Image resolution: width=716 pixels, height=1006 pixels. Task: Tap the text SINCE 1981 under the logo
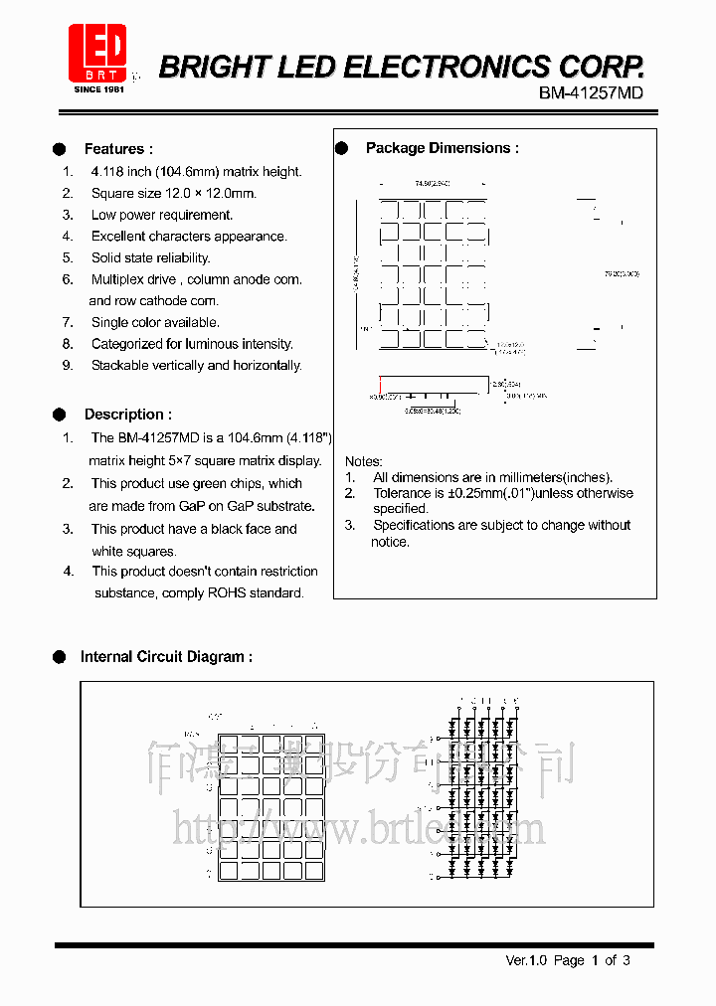tap(98, 89)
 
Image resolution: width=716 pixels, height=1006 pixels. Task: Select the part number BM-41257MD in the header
tap(591, 92)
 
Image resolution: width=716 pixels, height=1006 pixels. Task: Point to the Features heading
tap(118, 149)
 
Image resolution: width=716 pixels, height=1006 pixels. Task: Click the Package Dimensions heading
tap(442, 148)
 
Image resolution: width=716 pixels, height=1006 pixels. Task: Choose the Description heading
tap(127, 415)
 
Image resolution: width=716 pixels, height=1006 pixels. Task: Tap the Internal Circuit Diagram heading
tap(165, 657)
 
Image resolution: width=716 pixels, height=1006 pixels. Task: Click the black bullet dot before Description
tap(60, 415)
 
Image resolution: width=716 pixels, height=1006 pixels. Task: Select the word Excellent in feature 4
tap(120, 237)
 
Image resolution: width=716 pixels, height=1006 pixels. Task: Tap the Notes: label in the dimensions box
tap(363, 461)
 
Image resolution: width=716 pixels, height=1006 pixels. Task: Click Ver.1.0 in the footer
tap(526, 960)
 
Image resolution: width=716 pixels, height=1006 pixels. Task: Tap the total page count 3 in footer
tap(626, 960)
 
